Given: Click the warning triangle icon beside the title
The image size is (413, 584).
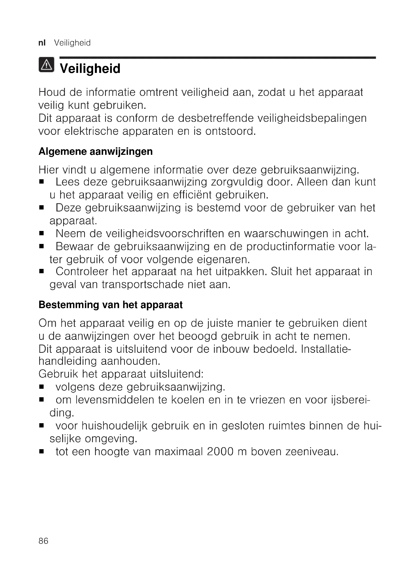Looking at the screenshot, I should point(46,65).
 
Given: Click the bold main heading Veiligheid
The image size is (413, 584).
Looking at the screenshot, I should point(90,69).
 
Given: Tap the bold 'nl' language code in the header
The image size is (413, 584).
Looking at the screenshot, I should point(42,43).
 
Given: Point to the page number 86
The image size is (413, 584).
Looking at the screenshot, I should point(43,541).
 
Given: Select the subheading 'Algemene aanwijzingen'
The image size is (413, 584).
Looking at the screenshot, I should point(96,152).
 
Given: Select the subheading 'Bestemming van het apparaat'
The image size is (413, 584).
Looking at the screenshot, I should point(111,305).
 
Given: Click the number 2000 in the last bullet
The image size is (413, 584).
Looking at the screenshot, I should point(220,452).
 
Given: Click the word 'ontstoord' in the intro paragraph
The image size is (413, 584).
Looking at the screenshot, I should point(230,131).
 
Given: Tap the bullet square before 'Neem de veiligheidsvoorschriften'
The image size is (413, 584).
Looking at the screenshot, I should point(42,233).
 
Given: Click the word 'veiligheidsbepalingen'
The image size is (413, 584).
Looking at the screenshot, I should point(312,118).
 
